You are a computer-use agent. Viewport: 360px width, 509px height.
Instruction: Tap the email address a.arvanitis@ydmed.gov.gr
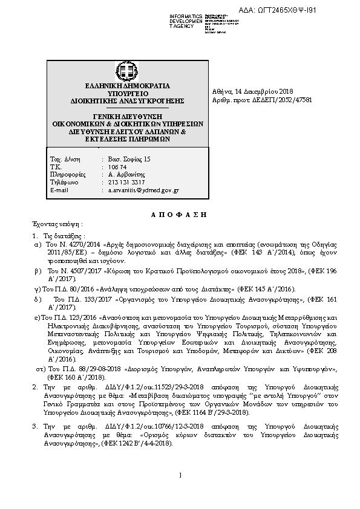point(143,190)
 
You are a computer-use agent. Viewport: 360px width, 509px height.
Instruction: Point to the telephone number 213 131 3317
point(126,182)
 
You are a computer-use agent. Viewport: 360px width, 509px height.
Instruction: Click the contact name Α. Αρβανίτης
point(126,174)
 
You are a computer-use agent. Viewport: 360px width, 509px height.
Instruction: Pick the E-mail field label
point(60,190)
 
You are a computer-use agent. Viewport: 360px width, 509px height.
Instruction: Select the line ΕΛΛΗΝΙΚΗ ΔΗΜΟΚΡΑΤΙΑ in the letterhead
point(127,86)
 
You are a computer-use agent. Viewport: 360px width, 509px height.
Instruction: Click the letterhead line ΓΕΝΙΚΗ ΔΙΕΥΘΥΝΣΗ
point(127,115)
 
